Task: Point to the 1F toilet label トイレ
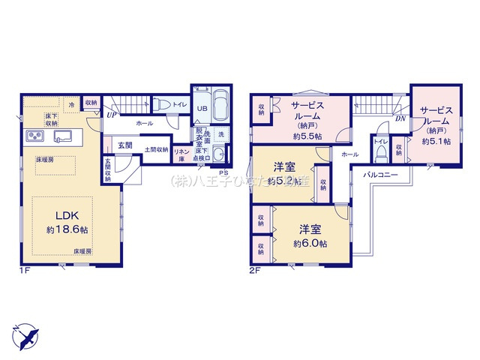(x=180, y=105)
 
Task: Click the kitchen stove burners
(x=37, y=136)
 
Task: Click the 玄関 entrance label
(x=124, y=145)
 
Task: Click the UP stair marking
(x=110, y=115)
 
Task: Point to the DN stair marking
(x=400, y=118)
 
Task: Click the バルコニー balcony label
(x=380, y=173)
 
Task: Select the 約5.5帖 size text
(x=307, y=136)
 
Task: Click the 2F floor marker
(x=255, y=270)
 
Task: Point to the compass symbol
(x=25, y=334)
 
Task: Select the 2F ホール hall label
(x=349, y=154)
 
